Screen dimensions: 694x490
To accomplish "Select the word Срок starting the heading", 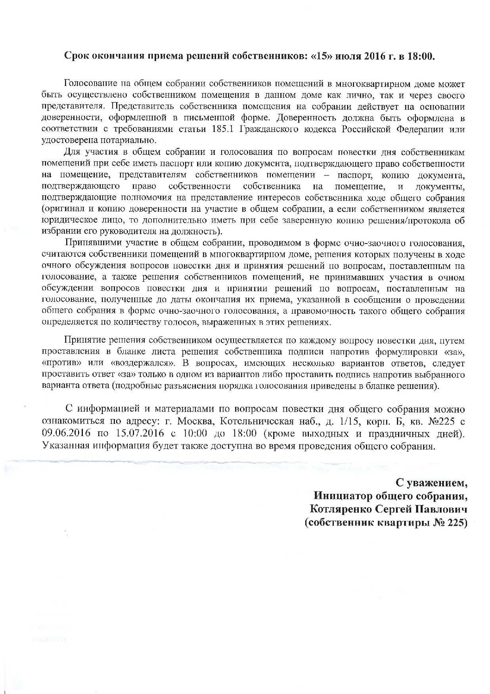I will click(x=77, y=56).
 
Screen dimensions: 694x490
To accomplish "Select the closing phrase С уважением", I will click(x=432, y=483).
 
